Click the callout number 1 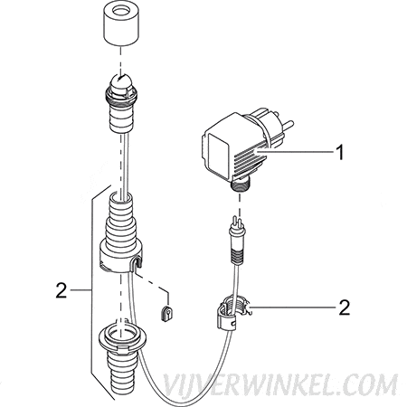[x=340, y=152]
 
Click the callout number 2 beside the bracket [x=62, y=290]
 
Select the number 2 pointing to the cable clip [x=345, y=308]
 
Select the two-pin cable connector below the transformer [x=238, y=238]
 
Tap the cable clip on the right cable [x=232, y=314]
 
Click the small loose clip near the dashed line [x=166, y=314]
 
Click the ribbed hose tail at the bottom [x=121, y=373]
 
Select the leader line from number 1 [x=295, y=152]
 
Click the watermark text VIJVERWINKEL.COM [x=280, y=384]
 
